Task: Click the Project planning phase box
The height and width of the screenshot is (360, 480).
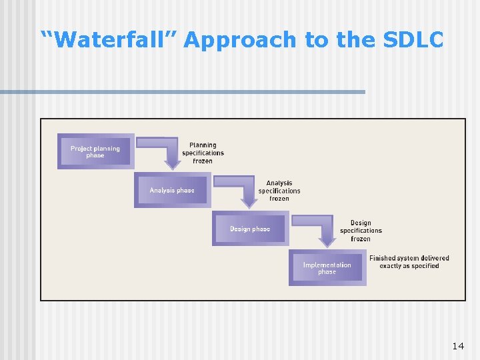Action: [x=95, y=151]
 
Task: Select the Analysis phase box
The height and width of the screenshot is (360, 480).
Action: [x=172, y=190]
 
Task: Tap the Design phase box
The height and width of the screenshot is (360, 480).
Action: [x=250, y=229]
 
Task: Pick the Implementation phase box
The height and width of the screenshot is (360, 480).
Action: [x=327, y=268]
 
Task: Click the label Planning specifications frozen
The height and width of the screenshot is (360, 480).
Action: [x=203, y=153]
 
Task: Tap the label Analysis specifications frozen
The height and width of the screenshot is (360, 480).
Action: [x=279, y=191]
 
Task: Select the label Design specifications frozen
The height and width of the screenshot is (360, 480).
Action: [x=361, y=231]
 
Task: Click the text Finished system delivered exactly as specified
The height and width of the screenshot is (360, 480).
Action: [x=409, y=262]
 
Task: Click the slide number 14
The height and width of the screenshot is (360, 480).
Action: [x=458, y=346]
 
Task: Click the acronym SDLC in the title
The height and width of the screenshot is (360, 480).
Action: [x=413, y=40]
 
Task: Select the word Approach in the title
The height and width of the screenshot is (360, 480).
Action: [x=240, y=40]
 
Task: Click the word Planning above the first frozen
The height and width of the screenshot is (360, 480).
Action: [x=203, y=145]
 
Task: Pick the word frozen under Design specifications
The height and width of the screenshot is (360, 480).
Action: [x=361, y=239]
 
